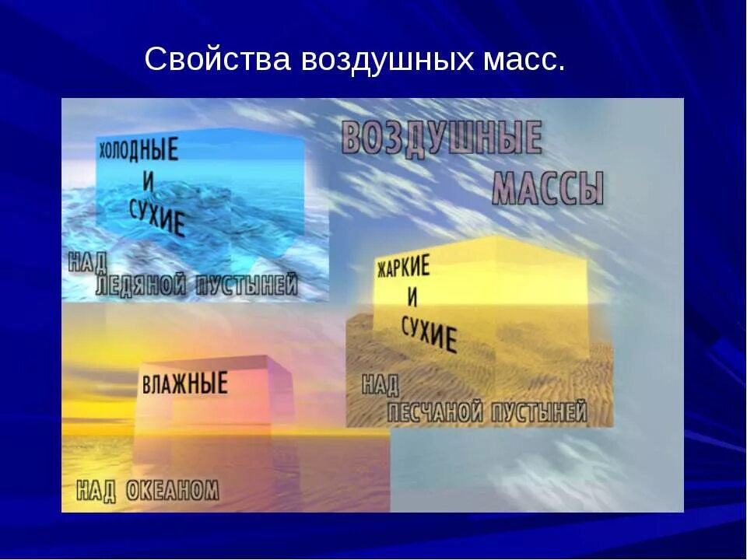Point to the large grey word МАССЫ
click(549, 188)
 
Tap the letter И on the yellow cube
click(411, 297)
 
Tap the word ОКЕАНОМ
click(170, 491)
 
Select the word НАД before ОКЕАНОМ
click(96, 491)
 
